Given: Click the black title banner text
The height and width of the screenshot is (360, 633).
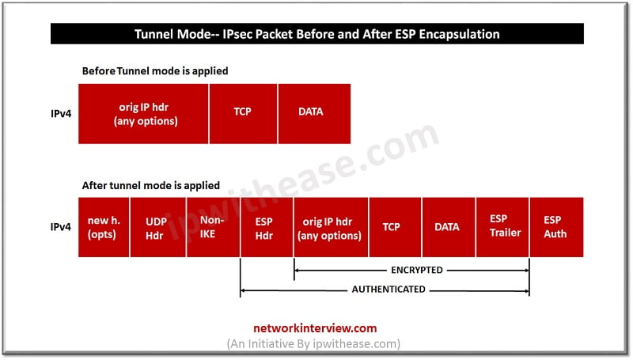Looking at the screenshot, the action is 317,34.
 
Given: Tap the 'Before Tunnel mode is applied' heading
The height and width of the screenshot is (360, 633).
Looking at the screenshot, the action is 155,71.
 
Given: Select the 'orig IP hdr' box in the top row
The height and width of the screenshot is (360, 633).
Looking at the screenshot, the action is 143,114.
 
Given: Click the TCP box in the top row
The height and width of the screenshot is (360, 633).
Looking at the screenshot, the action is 243,114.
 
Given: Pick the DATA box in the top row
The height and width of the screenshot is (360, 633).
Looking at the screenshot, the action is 314,114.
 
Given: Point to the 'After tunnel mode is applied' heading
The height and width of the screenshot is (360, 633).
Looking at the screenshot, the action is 151,186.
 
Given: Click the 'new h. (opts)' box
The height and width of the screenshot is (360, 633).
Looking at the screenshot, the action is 104,227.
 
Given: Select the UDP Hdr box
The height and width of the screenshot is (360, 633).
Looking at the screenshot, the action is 157,227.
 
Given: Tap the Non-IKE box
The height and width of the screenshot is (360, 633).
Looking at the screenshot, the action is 213,227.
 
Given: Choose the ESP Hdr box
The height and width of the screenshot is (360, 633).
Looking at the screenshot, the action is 267,227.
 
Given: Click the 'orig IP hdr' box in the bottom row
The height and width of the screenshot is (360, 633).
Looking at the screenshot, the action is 331,227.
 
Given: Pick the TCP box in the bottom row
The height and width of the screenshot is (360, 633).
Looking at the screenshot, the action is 395,227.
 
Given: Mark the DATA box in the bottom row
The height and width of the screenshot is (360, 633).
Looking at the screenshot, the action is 449,227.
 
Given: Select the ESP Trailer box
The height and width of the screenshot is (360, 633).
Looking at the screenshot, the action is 502,227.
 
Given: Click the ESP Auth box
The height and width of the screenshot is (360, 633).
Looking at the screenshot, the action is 557,227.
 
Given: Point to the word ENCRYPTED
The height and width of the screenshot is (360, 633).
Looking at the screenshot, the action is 417,270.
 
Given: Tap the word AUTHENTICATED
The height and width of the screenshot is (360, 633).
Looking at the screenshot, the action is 389,290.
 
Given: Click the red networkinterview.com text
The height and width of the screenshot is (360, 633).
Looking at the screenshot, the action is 315,328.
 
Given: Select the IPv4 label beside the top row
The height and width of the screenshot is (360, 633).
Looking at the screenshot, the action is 61,114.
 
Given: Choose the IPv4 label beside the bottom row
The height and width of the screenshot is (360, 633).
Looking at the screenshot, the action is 61,227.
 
